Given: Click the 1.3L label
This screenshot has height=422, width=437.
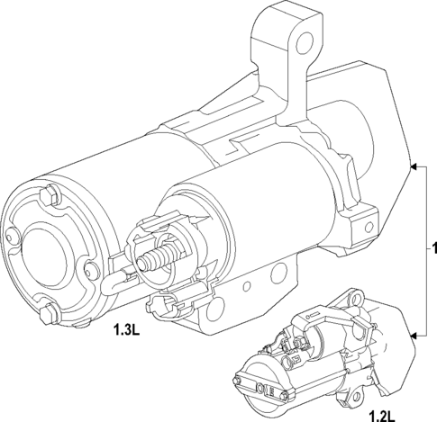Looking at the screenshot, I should click(x=125, y=329).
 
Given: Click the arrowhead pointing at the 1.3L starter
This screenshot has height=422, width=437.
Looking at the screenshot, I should click(x=413, y=166).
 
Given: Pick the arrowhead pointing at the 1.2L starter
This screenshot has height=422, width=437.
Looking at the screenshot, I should click(x=414, y=334).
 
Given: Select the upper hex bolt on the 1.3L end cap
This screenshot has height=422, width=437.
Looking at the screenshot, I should click(x=50, y=192).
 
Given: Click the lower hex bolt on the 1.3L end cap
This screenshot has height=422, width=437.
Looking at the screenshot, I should click(x=49, y=313).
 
